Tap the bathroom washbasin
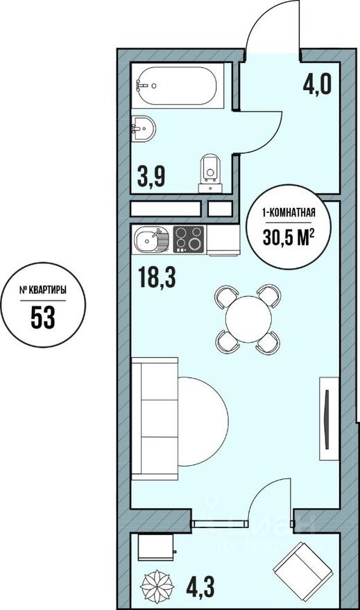tap(144, 128)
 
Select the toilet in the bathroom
tap(209, 171)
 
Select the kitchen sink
tap(150, 241)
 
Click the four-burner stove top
tap(189, 240)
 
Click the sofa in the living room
tap(154, 417)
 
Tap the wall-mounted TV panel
tap(327, 417)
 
